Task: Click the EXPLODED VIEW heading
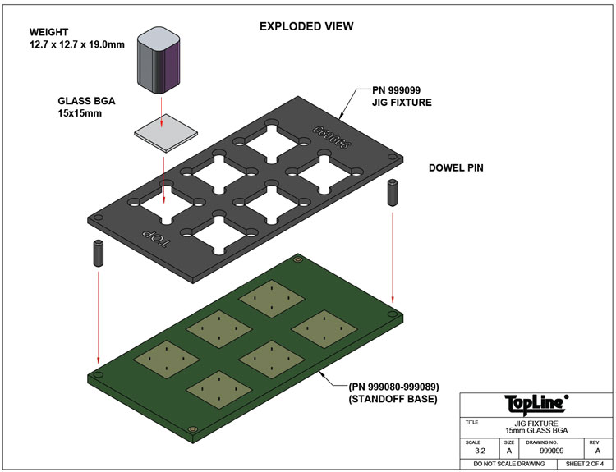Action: (306, 26)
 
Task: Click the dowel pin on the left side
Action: (98, 252)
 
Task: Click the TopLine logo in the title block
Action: (534, 404)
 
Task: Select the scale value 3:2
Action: (477, 451)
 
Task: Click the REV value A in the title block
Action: (595, 451)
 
